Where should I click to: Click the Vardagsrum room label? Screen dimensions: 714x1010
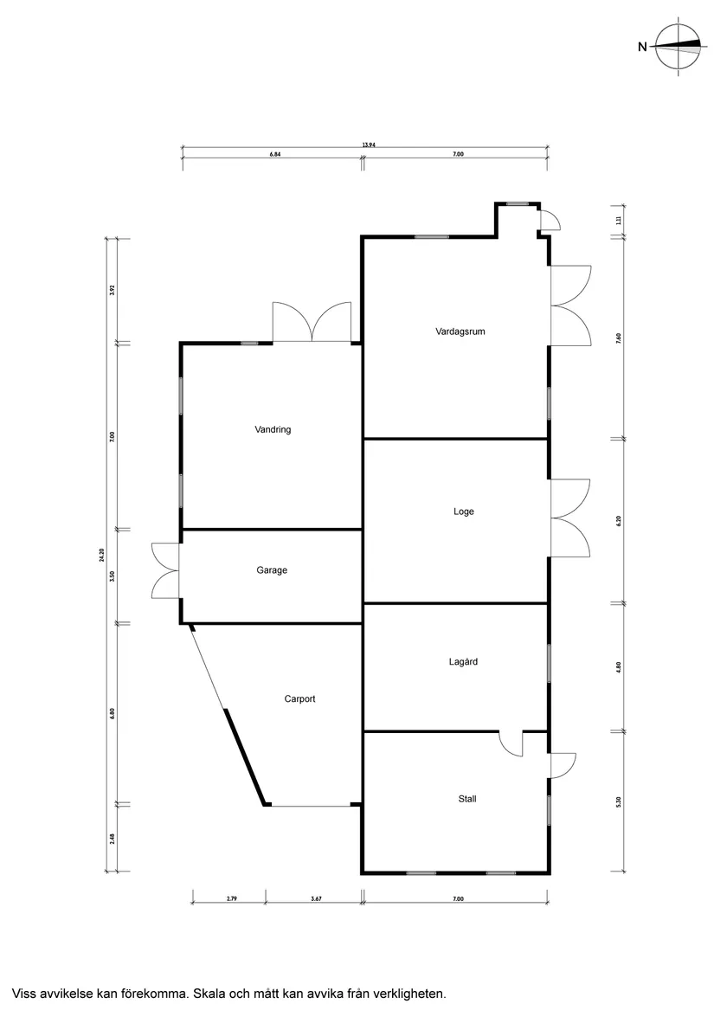click(460, 331)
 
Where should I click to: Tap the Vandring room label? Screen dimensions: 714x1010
click(273, 429)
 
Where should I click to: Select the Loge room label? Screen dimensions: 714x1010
click(463, 511)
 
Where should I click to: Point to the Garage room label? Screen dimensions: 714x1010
click(272, 570)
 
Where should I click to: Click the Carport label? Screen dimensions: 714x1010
click(299, 699)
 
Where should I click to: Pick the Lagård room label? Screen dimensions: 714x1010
click(463, 661)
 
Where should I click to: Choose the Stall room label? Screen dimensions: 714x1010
click(467, 799)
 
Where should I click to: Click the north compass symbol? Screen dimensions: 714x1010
click(678, 47)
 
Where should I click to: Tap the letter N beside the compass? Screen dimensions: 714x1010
click(642, 47)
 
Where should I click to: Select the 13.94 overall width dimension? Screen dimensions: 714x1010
click(369, 145)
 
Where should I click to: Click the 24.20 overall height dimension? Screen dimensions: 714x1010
click(101, 555)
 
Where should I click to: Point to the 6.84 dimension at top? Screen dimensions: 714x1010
click(275, 155)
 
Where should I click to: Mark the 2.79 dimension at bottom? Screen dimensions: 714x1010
click(231, 898)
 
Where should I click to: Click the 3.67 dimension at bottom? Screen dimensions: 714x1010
click(316, 898)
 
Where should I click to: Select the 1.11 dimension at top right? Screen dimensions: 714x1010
click(619, 221)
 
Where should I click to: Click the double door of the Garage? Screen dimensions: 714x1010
click(165, 571)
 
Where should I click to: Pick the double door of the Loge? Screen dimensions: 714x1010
click(570, 518)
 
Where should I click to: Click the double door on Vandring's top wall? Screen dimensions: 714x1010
click(312, 322)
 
